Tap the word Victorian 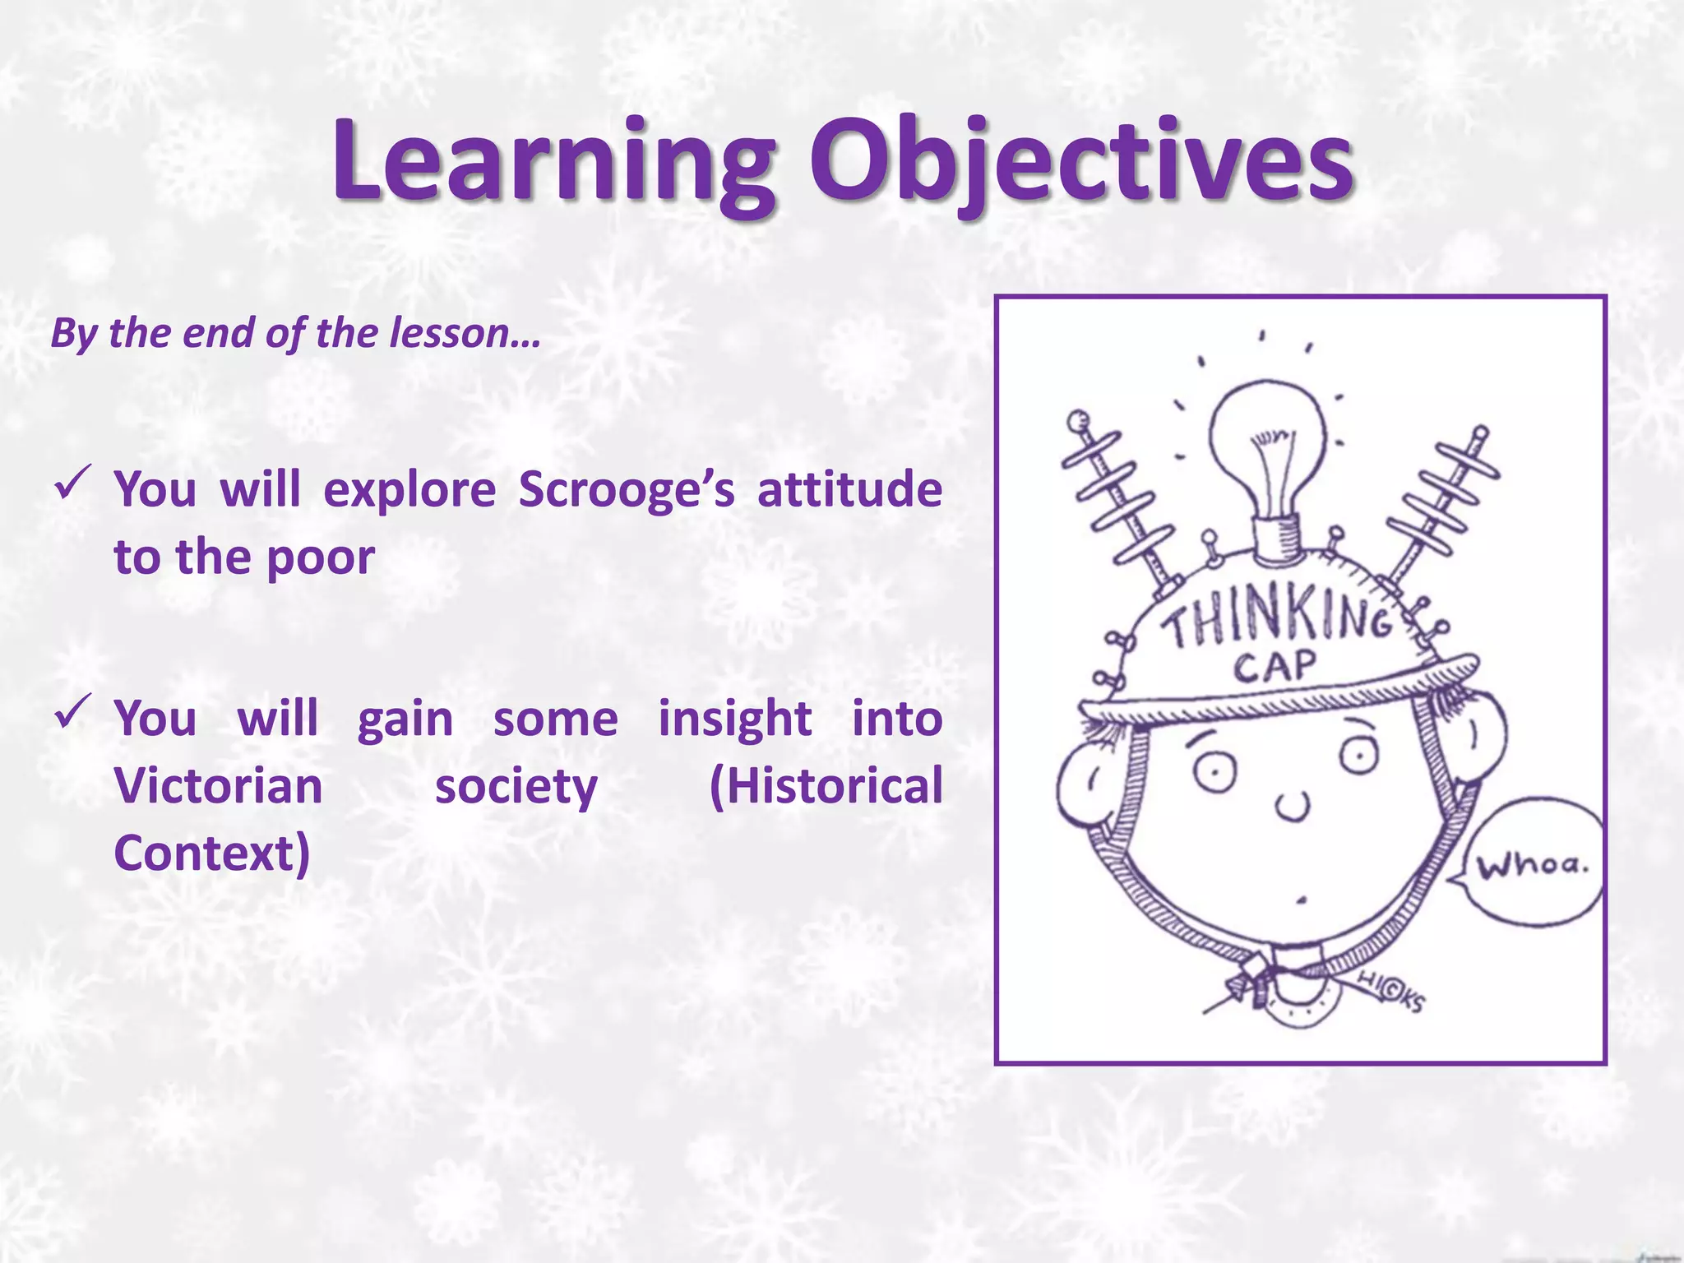(219, 785)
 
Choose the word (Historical (826, 785)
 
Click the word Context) (212, 854)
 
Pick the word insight (735, 718)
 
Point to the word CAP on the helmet (1275, 666)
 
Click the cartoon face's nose (1293, 806)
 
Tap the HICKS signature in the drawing (1390, 991)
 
